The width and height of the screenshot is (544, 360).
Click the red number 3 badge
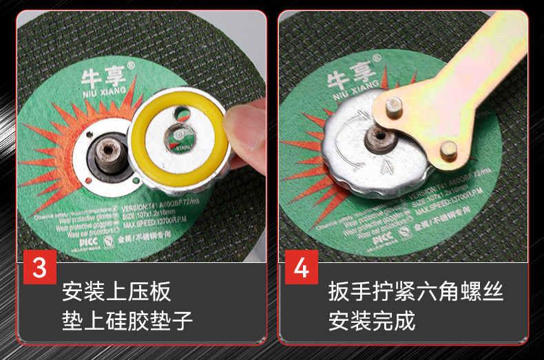pos(39,267)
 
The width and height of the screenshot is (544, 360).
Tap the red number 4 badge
pos(301,267)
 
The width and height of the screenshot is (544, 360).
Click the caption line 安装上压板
pos(116,292)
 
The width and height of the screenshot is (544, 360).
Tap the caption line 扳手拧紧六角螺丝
pos(416,292)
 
